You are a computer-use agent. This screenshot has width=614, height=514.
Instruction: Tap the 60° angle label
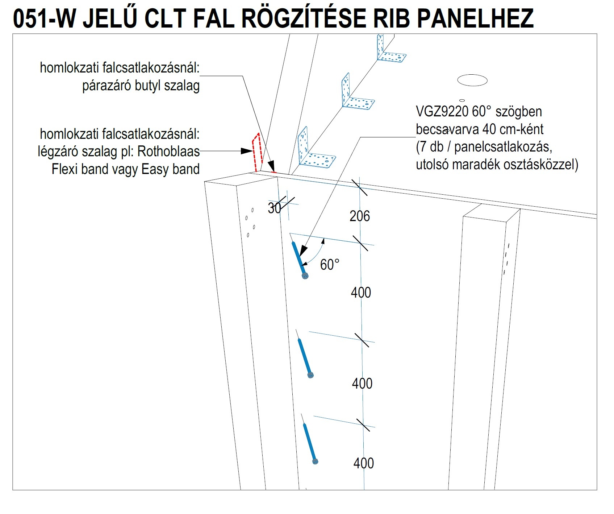[330, 265]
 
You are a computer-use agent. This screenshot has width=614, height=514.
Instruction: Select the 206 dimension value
[360, 216]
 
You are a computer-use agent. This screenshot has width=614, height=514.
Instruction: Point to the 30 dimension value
[274, 208]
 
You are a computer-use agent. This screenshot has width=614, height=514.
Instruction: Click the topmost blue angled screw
[300, 260]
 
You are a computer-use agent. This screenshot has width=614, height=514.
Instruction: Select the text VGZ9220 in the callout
[442, 112]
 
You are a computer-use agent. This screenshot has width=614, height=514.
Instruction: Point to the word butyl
[148, 86]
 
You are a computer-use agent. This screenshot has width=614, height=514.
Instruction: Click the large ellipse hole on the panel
[472, 80]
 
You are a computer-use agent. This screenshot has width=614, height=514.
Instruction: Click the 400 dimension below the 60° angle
[361, 293]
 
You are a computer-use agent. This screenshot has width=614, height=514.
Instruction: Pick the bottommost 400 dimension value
[364, 463]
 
